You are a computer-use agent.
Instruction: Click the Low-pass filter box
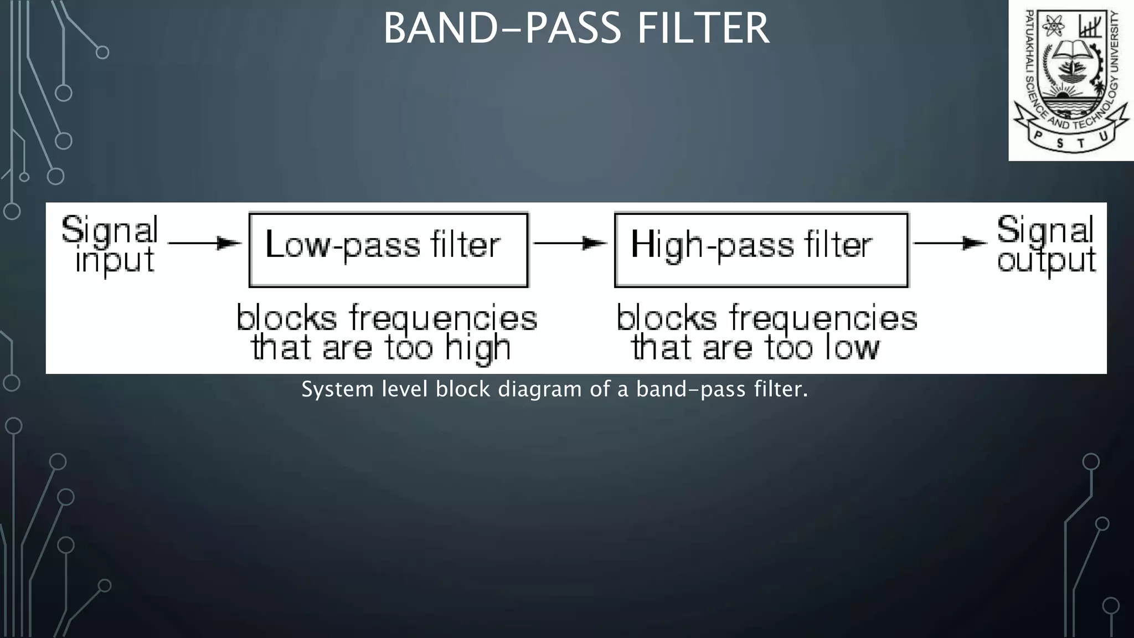(388, 250)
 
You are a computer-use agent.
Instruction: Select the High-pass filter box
(761, 250)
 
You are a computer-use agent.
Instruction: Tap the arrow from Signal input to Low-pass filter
(204, 243)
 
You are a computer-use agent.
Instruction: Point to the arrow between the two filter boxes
(570, 243)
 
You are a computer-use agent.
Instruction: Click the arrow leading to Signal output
(950, 243)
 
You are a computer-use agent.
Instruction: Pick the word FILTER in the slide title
(703, 29)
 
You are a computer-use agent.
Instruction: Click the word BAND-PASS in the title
(502, 29)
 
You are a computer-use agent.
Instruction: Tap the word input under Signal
(115, 261)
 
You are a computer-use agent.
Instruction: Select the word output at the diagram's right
(1046, 261)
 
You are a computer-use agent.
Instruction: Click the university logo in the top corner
(1070, 80)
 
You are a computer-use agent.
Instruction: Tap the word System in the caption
(338, 389)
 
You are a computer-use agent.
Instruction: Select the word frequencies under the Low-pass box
(443, 319)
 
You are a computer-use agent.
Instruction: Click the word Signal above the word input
(110, 230)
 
